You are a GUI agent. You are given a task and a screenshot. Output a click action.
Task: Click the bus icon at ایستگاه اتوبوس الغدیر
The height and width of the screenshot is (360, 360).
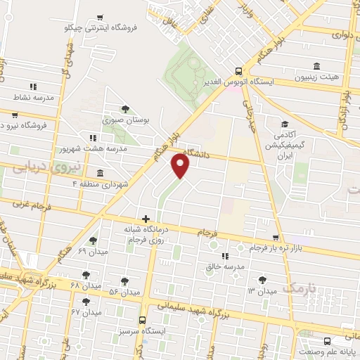pos(238,71)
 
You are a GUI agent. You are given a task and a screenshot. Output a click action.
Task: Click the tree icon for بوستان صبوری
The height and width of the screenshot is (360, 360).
pos(124,108)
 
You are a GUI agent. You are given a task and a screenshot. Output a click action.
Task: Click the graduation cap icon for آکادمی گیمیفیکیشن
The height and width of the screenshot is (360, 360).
pos(285,123)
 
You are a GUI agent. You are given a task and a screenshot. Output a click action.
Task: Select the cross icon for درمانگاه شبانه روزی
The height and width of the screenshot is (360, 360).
pos(146,219)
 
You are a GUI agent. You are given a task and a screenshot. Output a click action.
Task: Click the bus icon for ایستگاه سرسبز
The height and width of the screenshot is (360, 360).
pos(143,320)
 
